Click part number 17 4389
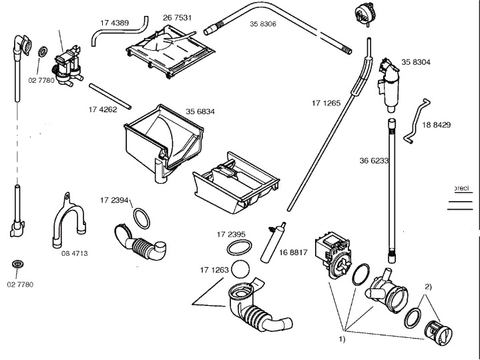pyautogui.click(x=114, y=22)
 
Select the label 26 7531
pyautogui.click(x=177, y=17)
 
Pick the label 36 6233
pyautogui.click(x=374, y=160)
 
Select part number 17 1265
pyautogui.click(x=326, y=103)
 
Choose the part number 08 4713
pyautogui.click(x=75, y=253)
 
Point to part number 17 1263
pyautogui.click(x=214, y=270)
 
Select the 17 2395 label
pyautogui.click(x=231, y=234)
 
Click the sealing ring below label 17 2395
pyautogui.click(x=238, y=248)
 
